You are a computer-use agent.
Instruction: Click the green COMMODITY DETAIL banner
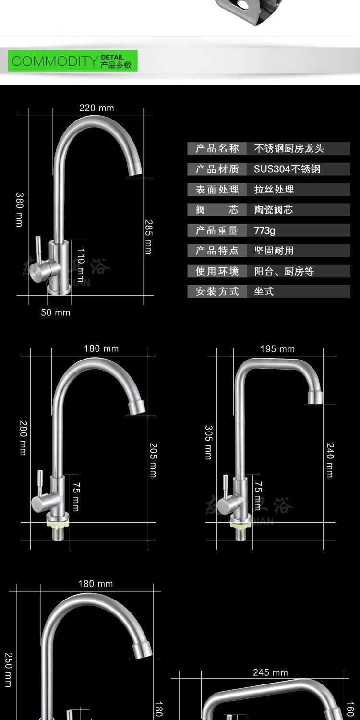(72, 61)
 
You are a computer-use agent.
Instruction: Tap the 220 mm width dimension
(96, 108)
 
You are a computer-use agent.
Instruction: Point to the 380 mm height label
(20, 209)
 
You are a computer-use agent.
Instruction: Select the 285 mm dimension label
(148, 237)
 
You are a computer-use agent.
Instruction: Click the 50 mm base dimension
(55, 312)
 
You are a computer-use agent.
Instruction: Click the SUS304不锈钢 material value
(287, 169)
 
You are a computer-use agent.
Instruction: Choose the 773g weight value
(264, 230)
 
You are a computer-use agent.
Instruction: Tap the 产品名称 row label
(217, 148)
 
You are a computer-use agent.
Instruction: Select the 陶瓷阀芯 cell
(273, 210)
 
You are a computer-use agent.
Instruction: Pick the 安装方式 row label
(217, 291)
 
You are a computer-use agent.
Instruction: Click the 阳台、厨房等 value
(284, 271)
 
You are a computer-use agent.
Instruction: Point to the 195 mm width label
(277, 349)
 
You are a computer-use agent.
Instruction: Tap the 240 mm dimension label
(330, 459)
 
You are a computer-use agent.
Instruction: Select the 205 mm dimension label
(153, 459)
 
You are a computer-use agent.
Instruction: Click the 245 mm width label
(270, 672)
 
